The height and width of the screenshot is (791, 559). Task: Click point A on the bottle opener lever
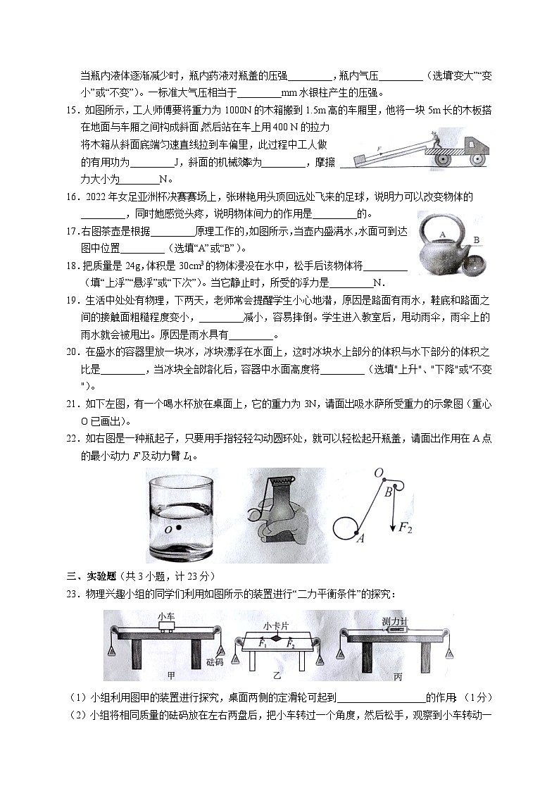click(360, 539)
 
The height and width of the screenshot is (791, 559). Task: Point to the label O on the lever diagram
click(378, 472)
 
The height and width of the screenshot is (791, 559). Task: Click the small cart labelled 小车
click(166, 630)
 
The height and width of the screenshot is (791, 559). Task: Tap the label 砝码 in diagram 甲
click(214, 662)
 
